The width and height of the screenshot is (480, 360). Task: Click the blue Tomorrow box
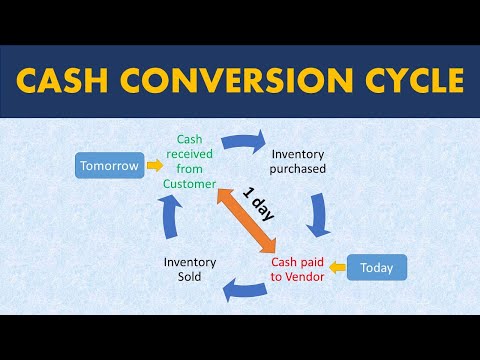109,165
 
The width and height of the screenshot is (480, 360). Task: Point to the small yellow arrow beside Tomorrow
153,164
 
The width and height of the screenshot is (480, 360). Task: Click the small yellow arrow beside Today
338,267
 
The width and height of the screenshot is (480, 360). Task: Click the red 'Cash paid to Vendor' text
298,269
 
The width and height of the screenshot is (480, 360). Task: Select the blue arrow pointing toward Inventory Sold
243,289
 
